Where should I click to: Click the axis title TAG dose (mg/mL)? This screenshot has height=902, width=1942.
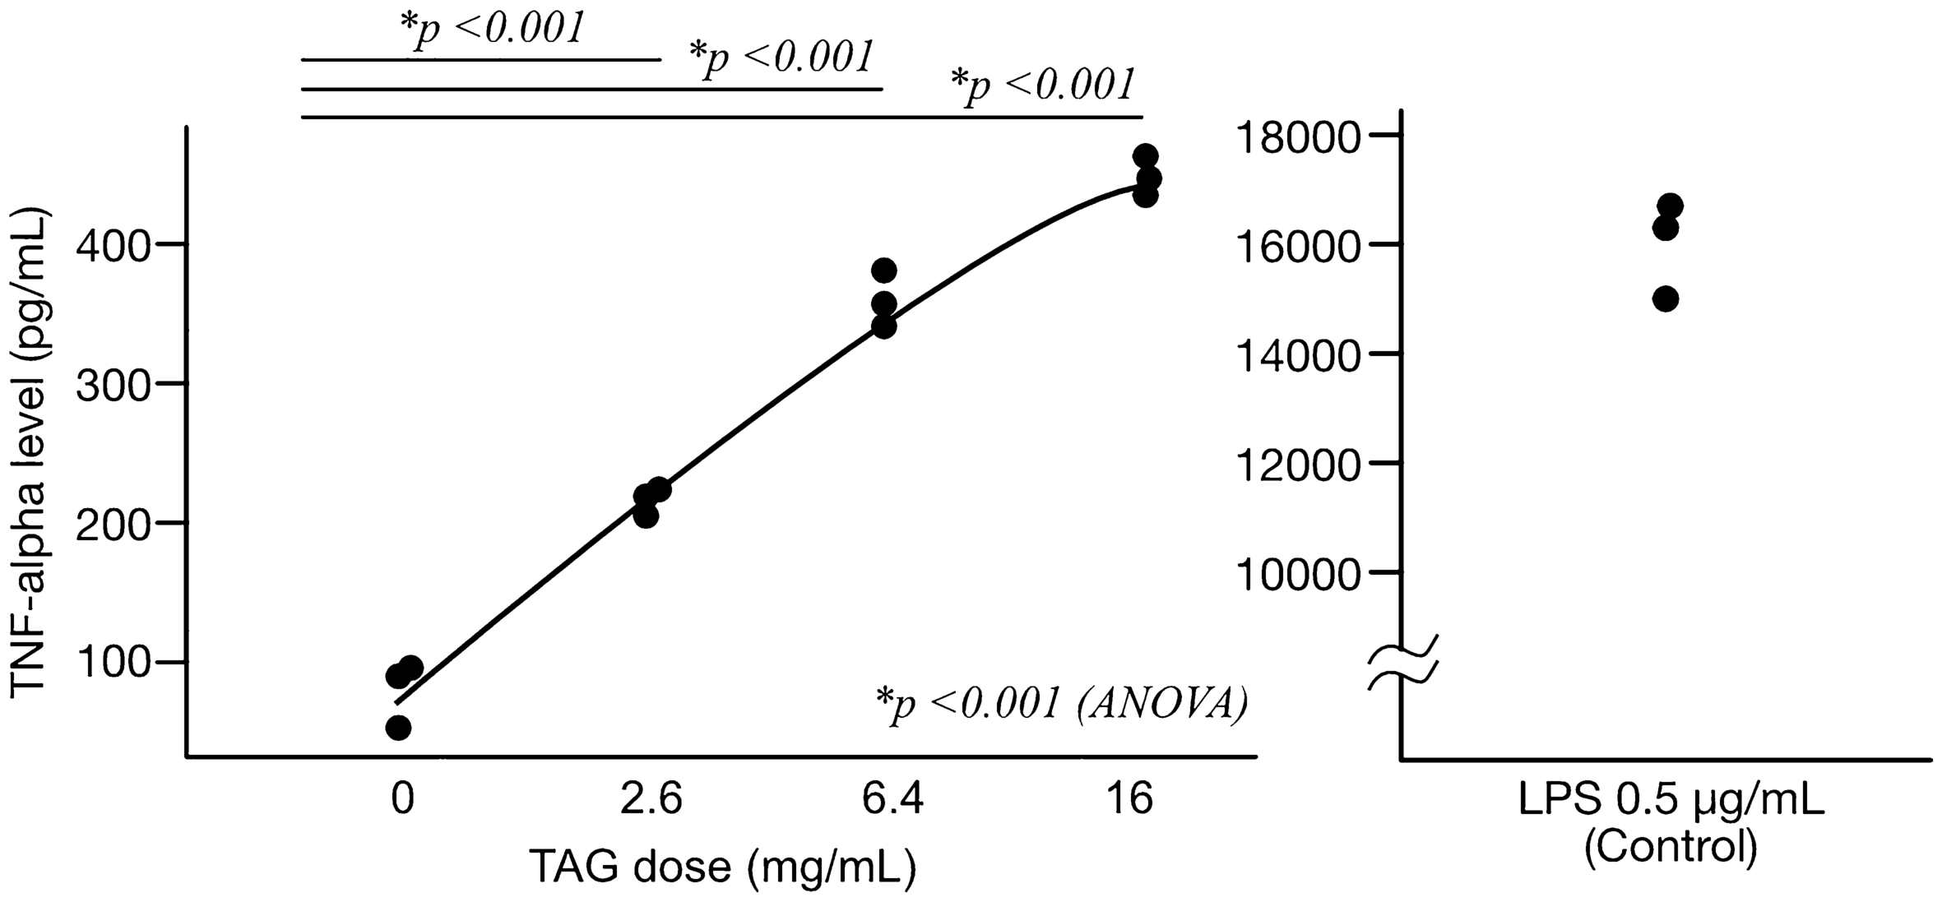click(722, 867)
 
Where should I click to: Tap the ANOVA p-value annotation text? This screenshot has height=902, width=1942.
click(1061, 704)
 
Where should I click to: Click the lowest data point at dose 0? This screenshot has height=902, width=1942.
click(398, 728)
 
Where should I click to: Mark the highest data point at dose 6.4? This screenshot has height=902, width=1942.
click(883, 270)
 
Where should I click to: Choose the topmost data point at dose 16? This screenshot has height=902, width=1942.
click(1145, 156)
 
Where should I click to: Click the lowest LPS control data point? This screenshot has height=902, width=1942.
click(1665, 298)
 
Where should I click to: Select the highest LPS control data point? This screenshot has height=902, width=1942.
click(1670, 205)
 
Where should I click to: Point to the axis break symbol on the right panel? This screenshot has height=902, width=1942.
click(1402, 661)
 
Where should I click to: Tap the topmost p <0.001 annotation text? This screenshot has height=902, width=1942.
click(492, 30)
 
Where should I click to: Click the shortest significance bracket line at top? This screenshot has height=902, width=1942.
click(480, 60)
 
